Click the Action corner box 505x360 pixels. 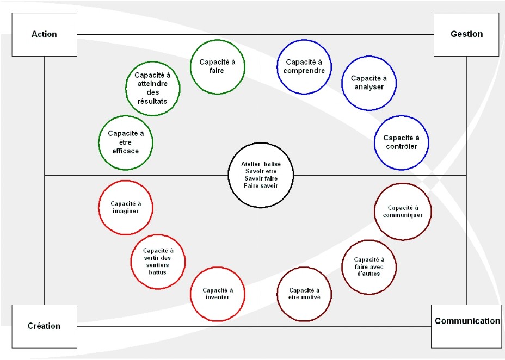[45, 34]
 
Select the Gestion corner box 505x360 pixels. [466, 34]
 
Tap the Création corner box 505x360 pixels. [45, 326]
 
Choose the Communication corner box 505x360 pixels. [466, 326]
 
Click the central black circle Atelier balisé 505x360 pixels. [261, 175]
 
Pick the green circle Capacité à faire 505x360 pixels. [217, 66]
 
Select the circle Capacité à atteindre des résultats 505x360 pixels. [153, 89]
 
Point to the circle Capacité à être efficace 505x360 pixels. [126, 142]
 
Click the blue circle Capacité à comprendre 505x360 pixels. [304, 66]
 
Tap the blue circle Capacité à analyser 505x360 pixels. [369, 83]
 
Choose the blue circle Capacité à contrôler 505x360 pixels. [402, 142]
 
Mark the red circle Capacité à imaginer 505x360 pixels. [126, 208]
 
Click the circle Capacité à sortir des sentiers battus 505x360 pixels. [158, 262]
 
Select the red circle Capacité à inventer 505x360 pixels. [217, 294]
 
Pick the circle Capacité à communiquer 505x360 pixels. [403, 212]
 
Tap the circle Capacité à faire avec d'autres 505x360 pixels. [369, 267]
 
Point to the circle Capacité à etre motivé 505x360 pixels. [304, 294]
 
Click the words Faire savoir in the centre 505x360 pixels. [261, 185]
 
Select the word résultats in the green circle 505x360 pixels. [152, 101]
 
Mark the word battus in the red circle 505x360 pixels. [157, 272]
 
